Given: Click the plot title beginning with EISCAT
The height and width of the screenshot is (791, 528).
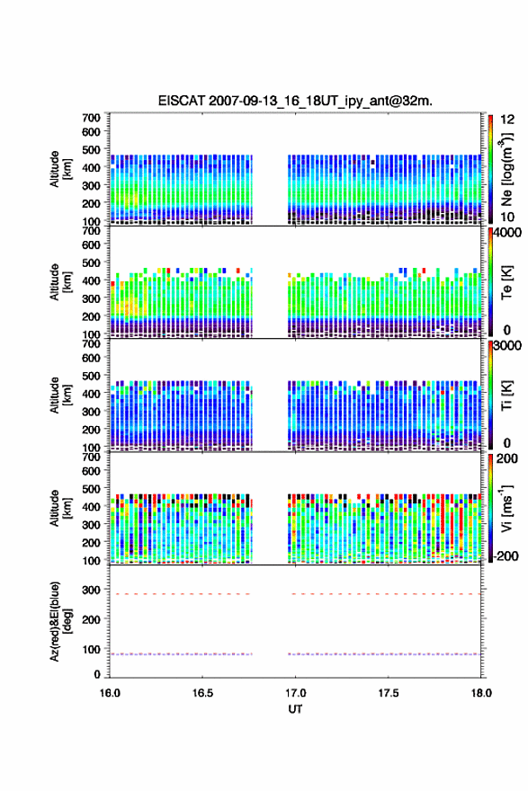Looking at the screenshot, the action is coord(295,101).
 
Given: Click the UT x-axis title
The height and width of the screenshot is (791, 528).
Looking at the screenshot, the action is coord(295,709).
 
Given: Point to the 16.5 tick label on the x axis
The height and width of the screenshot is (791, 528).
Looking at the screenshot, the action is coord(202,693).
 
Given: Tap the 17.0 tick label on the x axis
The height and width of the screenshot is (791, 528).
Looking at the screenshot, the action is coord(295,693).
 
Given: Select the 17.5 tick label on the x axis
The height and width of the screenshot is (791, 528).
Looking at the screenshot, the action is coord(389,693).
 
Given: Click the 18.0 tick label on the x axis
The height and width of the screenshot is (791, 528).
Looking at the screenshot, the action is coord(481,693).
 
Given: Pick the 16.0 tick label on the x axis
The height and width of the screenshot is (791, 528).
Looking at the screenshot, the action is coord(110,693).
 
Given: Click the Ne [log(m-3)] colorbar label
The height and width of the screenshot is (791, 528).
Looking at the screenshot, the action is coord(506,169).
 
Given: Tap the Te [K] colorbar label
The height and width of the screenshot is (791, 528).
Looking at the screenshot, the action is coord(506,282).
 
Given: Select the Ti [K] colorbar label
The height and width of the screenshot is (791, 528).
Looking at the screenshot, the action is coord(506,395).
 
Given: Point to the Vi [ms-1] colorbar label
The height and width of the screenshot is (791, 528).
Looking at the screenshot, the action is coord(506,508).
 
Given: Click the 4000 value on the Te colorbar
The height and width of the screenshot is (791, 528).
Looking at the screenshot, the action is coord(508,233).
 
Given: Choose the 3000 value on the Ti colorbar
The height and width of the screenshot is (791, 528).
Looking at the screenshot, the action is coord(508,345).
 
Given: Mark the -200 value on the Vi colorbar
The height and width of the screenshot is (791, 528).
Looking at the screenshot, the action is coord(505,555).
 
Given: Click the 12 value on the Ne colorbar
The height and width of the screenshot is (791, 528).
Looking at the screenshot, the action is coord(508,119).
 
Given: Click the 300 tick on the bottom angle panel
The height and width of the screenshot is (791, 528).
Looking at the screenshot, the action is coord(91,590).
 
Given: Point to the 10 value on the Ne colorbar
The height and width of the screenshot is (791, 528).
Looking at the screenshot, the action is coord(508,217).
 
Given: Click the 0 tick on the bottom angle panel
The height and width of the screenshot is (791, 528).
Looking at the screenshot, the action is coord(97,674).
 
